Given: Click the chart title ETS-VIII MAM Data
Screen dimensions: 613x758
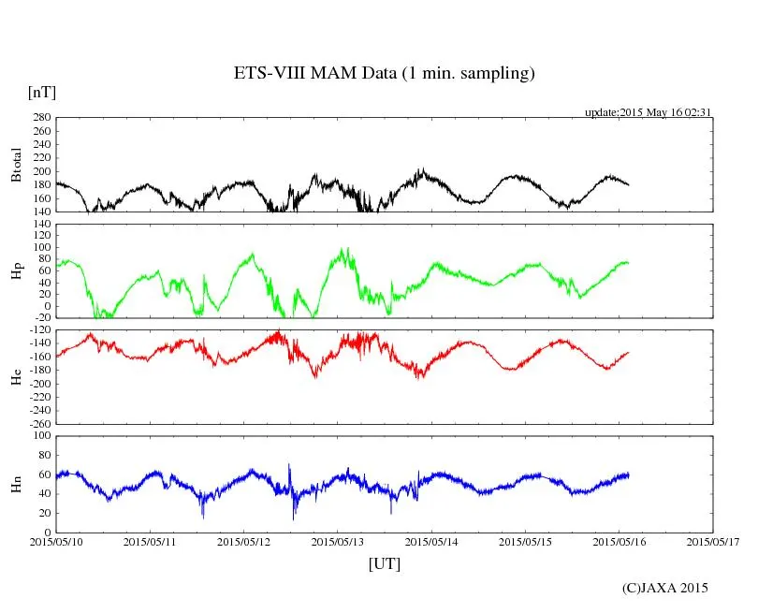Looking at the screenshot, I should click(384, 74).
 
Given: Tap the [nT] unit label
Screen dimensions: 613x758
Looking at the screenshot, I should click(41, 93).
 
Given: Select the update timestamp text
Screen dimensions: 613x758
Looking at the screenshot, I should click(649, 112).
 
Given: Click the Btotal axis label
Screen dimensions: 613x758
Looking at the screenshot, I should click(16, 165).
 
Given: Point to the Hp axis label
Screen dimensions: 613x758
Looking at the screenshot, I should click(16, 271).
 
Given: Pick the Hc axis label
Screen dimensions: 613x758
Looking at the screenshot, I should click(16, 377).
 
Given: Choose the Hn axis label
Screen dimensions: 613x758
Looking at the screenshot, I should click(16, 484).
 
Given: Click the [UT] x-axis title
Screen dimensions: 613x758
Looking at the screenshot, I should click(384, 563).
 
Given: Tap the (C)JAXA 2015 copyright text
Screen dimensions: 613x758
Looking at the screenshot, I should click(664, 588).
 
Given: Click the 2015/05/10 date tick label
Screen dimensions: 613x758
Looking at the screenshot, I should click(55, 541).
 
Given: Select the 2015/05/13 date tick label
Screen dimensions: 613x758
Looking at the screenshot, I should click(338, 541).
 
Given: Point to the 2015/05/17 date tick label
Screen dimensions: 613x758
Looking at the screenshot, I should click(713, 541).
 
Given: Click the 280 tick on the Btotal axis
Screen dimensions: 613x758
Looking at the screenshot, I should click(41, 118).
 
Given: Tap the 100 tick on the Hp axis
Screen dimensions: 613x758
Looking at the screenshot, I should click(41, 248).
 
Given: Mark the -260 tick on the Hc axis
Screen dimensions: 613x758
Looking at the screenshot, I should click(39, 423).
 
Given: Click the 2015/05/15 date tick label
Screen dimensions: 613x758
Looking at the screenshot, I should click(526, 541).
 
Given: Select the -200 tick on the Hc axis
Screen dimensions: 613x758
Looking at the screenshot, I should click(39, 384).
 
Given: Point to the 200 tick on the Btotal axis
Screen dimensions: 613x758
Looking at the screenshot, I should click(41, 171).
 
